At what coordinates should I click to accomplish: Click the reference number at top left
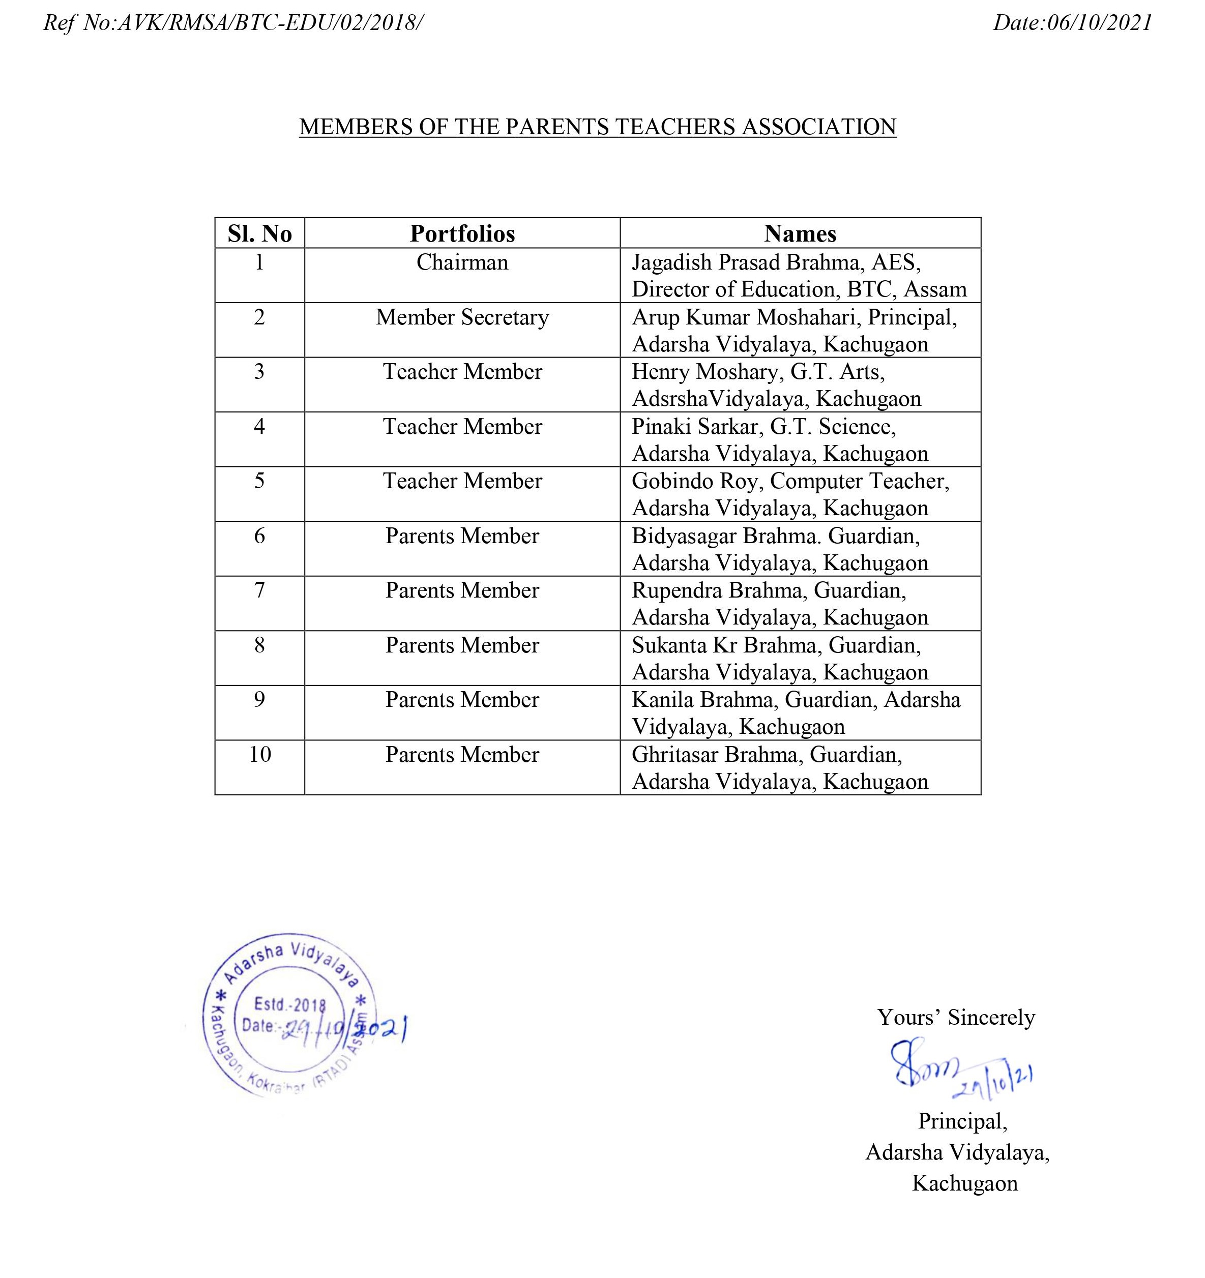233,23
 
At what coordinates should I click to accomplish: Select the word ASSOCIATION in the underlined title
819,127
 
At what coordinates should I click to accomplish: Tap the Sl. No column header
260,233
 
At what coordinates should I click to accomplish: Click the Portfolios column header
462,233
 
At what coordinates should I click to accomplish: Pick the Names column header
800,233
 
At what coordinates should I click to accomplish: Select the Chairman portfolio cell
462,262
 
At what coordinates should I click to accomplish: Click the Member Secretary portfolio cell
462,317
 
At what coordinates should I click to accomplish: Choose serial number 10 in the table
260,754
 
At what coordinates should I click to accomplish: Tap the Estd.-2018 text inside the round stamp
290,1004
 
